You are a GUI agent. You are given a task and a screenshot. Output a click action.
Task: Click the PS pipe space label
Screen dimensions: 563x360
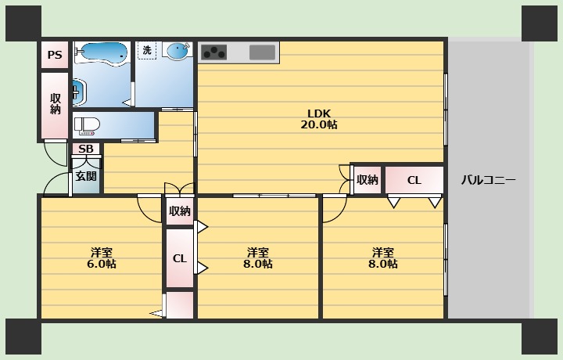(55, 55)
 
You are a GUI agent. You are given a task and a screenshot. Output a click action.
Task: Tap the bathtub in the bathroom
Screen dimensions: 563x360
(102, 53)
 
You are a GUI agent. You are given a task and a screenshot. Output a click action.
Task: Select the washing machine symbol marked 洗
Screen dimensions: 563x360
(147, 50)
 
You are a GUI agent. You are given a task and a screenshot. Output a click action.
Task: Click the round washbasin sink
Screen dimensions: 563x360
(178, 50)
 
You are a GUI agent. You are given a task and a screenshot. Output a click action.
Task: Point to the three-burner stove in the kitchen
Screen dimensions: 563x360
(214, 52)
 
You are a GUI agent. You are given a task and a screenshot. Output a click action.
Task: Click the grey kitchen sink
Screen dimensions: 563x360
(262, 52)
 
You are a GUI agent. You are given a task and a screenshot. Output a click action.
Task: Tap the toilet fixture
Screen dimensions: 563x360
(87, 127)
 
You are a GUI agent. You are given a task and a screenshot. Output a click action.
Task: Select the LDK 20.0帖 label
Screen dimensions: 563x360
(319, 119)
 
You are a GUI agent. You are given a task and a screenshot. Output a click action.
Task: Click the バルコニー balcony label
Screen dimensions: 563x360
(488, 180)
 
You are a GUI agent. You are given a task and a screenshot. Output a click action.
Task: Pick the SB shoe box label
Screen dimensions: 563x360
(86, 149)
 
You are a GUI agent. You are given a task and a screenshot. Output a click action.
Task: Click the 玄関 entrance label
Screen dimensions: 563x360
(86, 176)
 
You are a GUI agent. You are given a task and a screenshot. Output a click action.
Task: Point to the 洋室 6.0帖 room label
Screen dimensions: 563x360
(102, 258)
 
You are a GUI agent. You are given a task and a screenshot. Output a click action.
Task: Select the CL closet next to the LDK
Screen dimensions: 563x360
(414, 180)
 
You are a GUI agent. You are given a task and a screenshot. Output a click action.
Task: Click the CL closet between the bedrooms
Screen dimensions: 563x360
(180, 258)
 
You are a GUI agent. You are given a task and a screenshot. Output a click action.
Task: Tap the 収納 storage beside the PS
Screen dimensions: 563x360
(55, 104)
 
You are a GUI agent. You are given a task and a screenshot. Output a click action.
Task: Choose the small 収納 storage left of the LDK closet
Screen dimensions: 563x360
(368, 180)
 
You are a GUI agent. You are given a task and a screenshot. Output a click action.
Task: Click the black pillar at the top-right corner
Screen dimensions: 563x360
(540, 23)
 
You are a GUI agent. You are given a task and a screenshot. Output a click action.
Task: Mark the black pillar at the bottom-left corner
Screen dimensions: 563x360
(23, 337)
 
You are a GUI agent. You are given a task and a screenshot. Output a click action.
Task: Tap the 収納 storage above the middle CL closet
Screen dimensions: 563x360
(180, 211)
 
